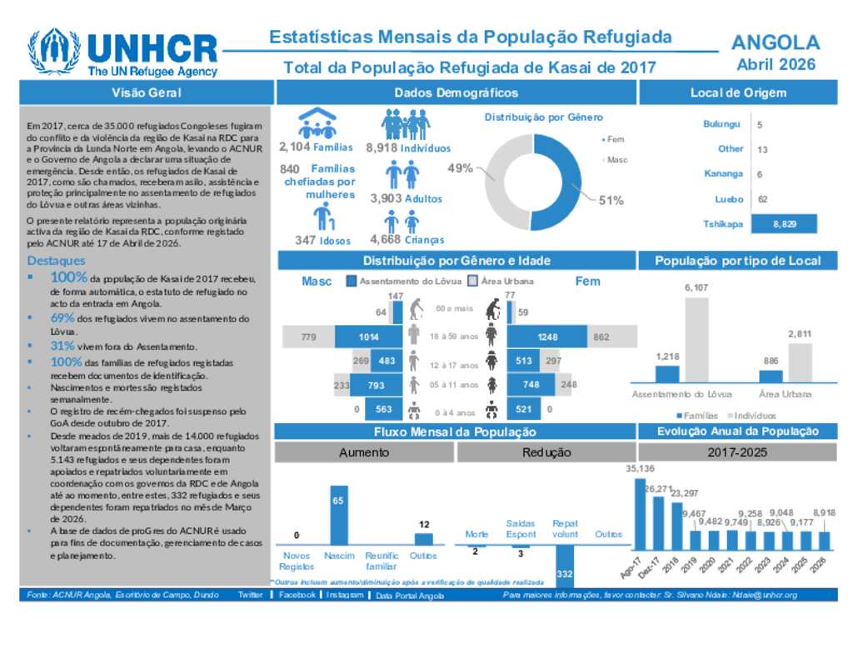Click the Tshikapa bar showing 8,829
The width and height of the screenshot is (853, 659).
coord(784,223)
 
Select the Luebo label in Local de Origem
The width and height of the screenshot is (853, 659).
coord(729,199)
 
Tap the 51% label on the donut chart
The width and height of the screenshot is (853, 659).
coord(611,200)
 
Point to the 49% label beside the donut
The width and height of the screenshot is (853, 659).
coord(460,167)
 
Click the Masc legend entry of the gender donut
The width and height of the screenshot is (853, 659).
coord(616,159)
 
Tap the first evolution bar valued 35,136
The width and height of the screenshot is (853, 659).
coord(640,515)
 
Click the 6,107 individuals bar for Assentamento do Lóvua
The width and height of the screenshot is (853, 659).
coord(696,339)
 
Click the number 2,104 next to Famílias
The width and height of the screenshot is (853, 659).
coord(294,147)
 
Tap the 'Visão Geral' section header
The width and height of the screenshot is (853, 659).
coord(147,92)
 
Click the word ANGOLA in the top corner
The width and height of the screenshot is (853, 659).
coord(775,42)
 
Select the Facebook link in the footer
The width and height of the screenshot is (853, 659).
coord(297,595)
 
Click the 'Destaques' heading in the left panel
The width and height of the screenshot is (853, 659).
coord(55,261)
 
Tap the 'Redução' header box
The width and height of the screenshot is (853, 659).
coord(546,452)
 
